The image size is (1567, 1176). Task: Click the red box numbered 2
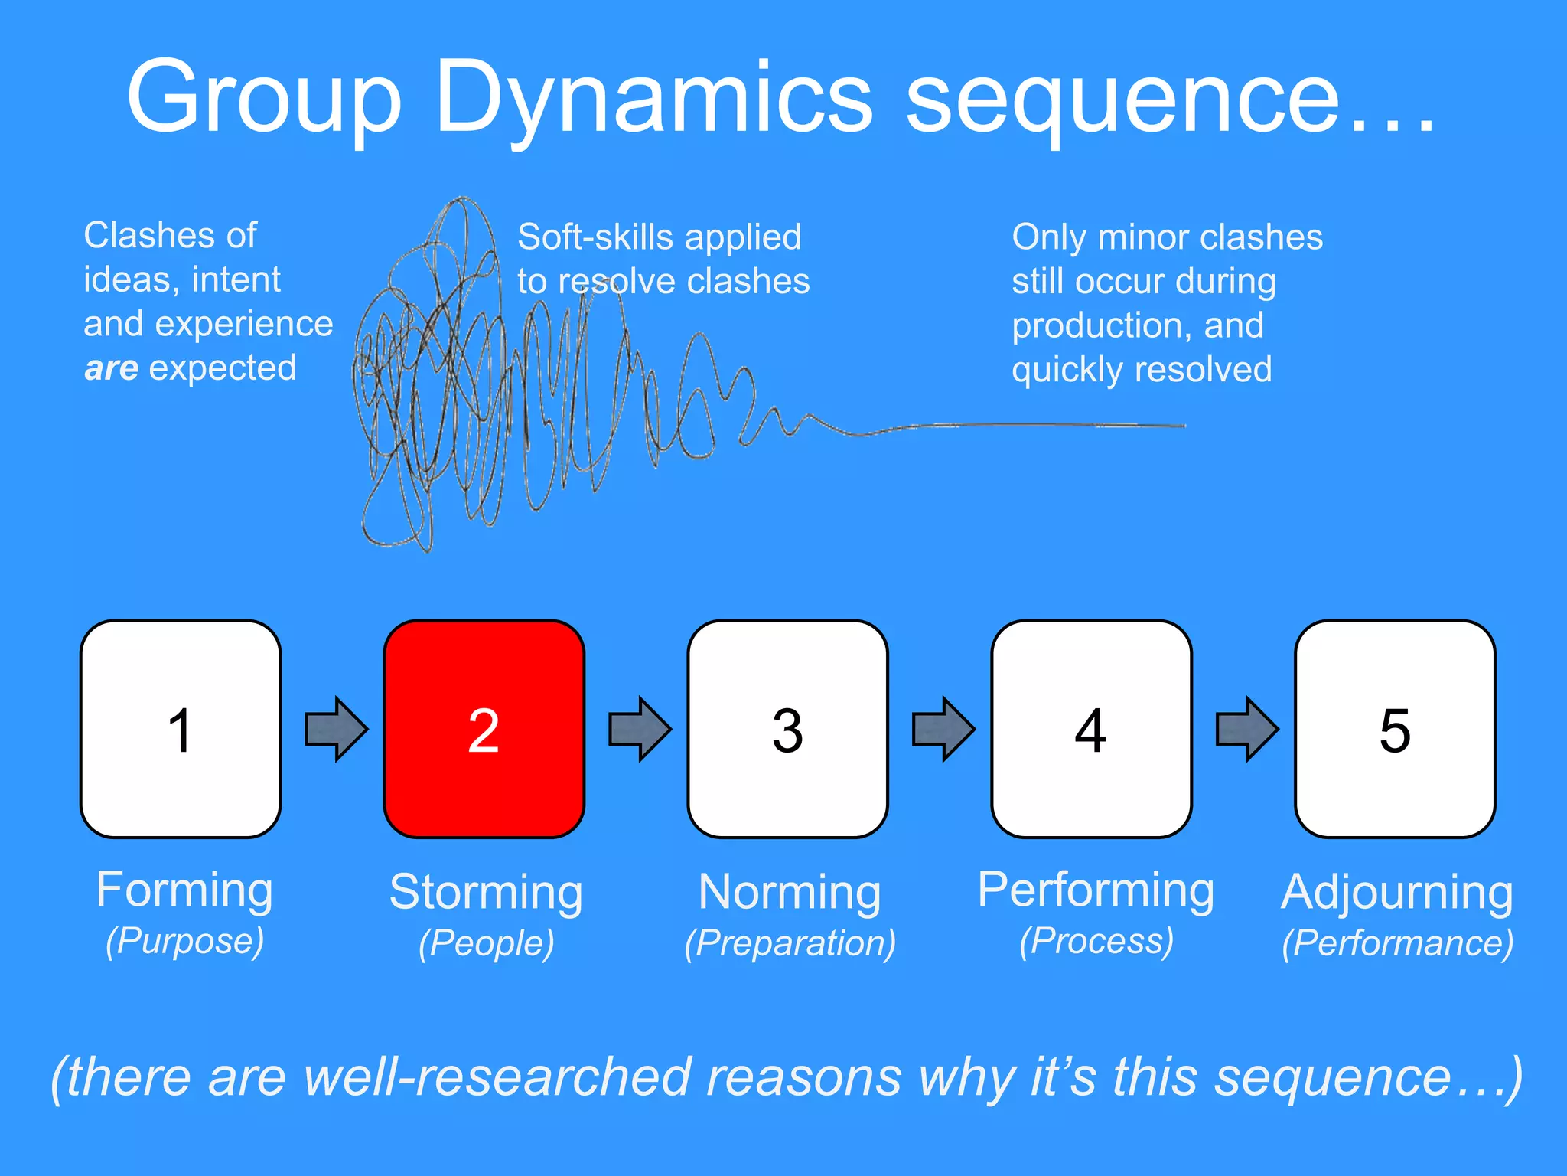484,729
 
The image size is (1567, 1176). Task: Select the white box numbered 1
181,729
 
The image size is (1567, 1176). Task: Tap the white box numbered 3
787,729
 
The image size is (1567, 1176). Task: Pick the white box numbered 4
1091,729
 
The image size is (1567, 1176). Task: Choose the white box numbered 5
1395,729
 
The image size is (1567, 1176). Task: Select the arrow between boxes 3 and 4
943,729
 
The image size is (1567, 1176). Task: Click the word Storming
486,893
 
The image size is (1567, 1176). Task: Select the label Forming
184,890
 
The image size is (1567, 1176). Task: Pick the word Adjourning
1397,893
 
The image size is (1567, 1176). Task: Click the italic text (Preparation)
790,942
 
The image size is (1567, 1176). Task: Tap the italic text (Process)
1096,940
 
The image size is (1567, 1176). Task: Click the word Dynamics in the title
654,98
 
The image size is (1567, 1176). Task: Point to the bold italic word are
111,368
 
